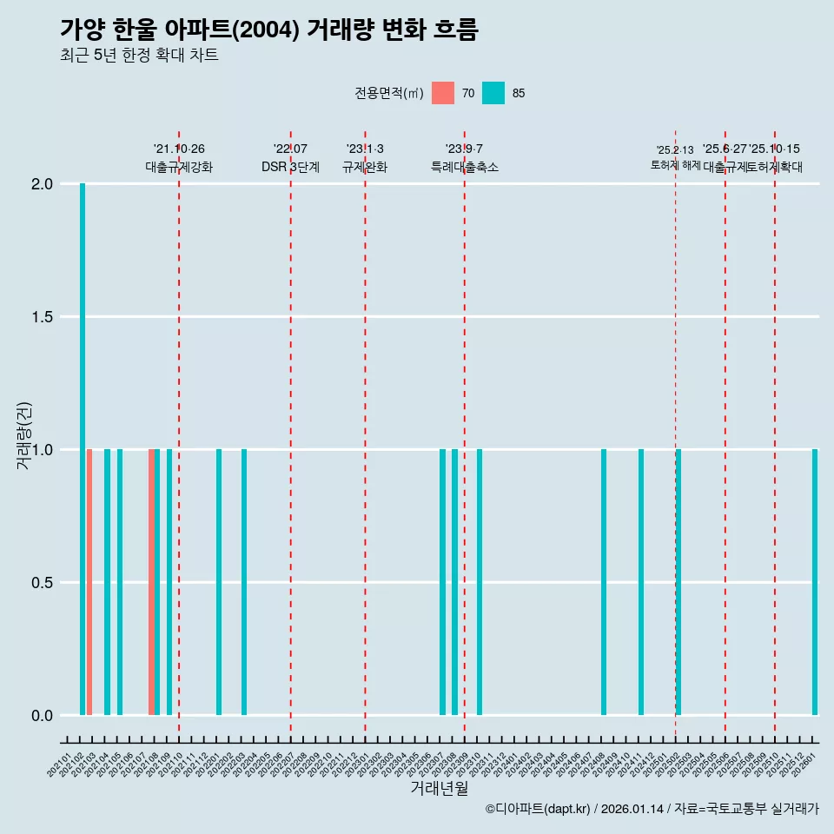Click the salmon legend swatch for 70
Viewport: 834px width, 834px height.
(x=443, y=93)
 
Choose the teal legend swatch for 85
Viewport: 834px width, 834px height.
(x=493, y=93)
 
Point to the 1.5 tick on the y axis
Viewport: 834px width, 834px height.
(x=42, y=317)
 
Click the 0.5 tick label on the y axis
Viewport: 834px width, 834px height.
(x=42, y=583)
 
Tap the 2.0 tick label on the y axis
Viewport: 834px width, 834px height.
(x=42, y=184)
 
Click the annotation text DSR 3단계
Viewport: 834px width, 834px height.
(x=290, y=167)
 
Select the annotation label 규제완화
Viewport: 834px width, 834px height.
(x=365, y=167)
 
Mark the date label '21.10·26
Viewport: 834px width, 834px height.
(x=179, y=149)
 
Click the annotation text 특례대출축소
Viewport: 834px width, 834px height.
(x=465, y=167)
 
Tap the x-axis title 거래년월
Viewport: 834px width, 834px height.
(x=439, y=789)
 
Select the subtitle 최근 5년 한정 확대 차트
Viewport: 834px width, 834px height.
(x=139, y=56)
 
